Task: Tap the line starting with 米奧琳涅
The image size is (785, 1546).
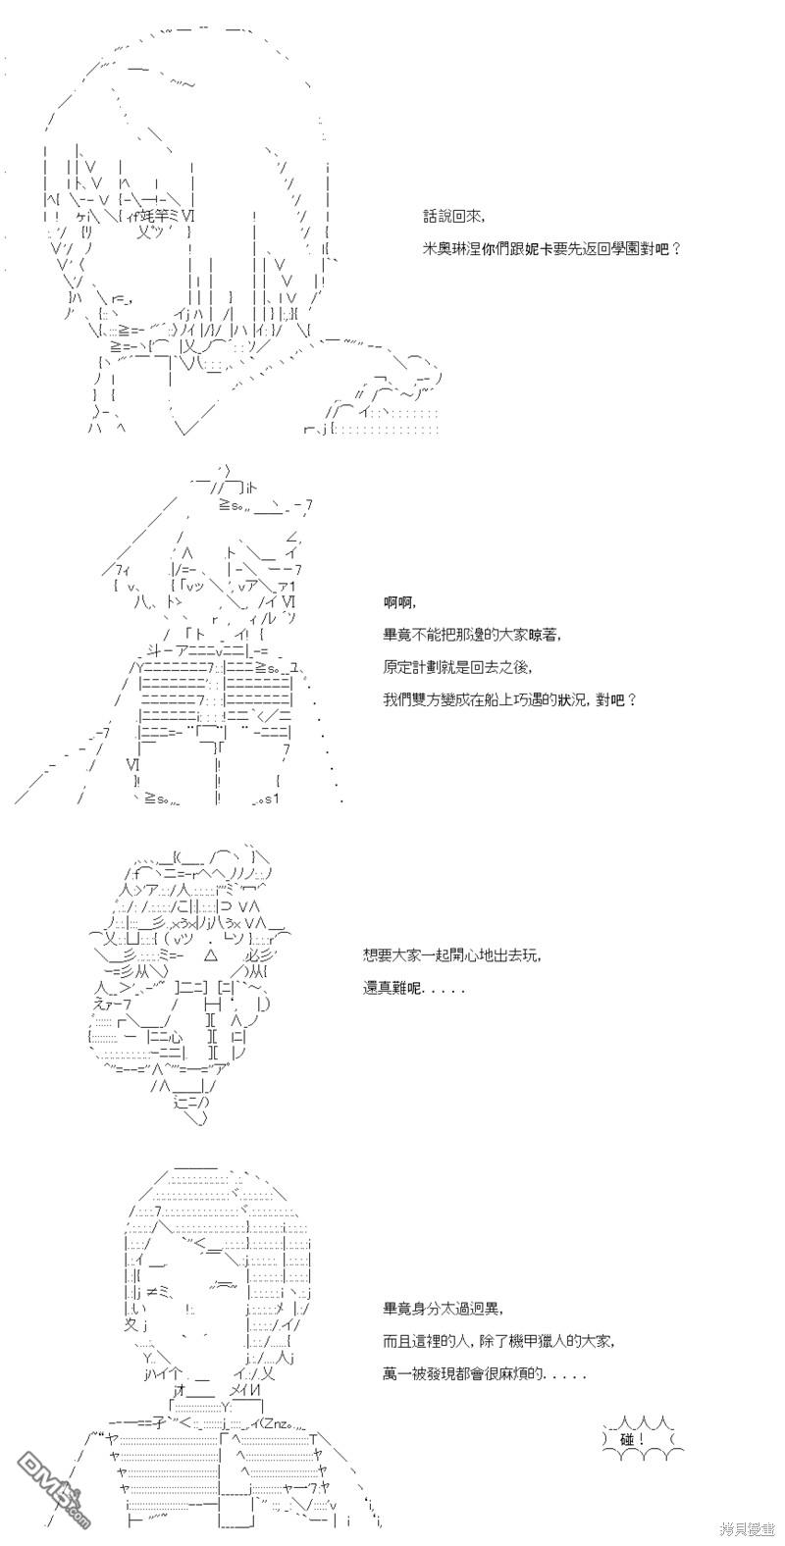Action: pyautogui.click(x=552, y=248)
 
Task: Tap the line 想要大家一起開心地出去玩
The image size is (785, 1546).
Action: pyautogui.click(x=452, y=955)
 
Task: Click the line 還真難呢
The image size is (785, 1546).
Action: pyautogui.click(x=414, y=989)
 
